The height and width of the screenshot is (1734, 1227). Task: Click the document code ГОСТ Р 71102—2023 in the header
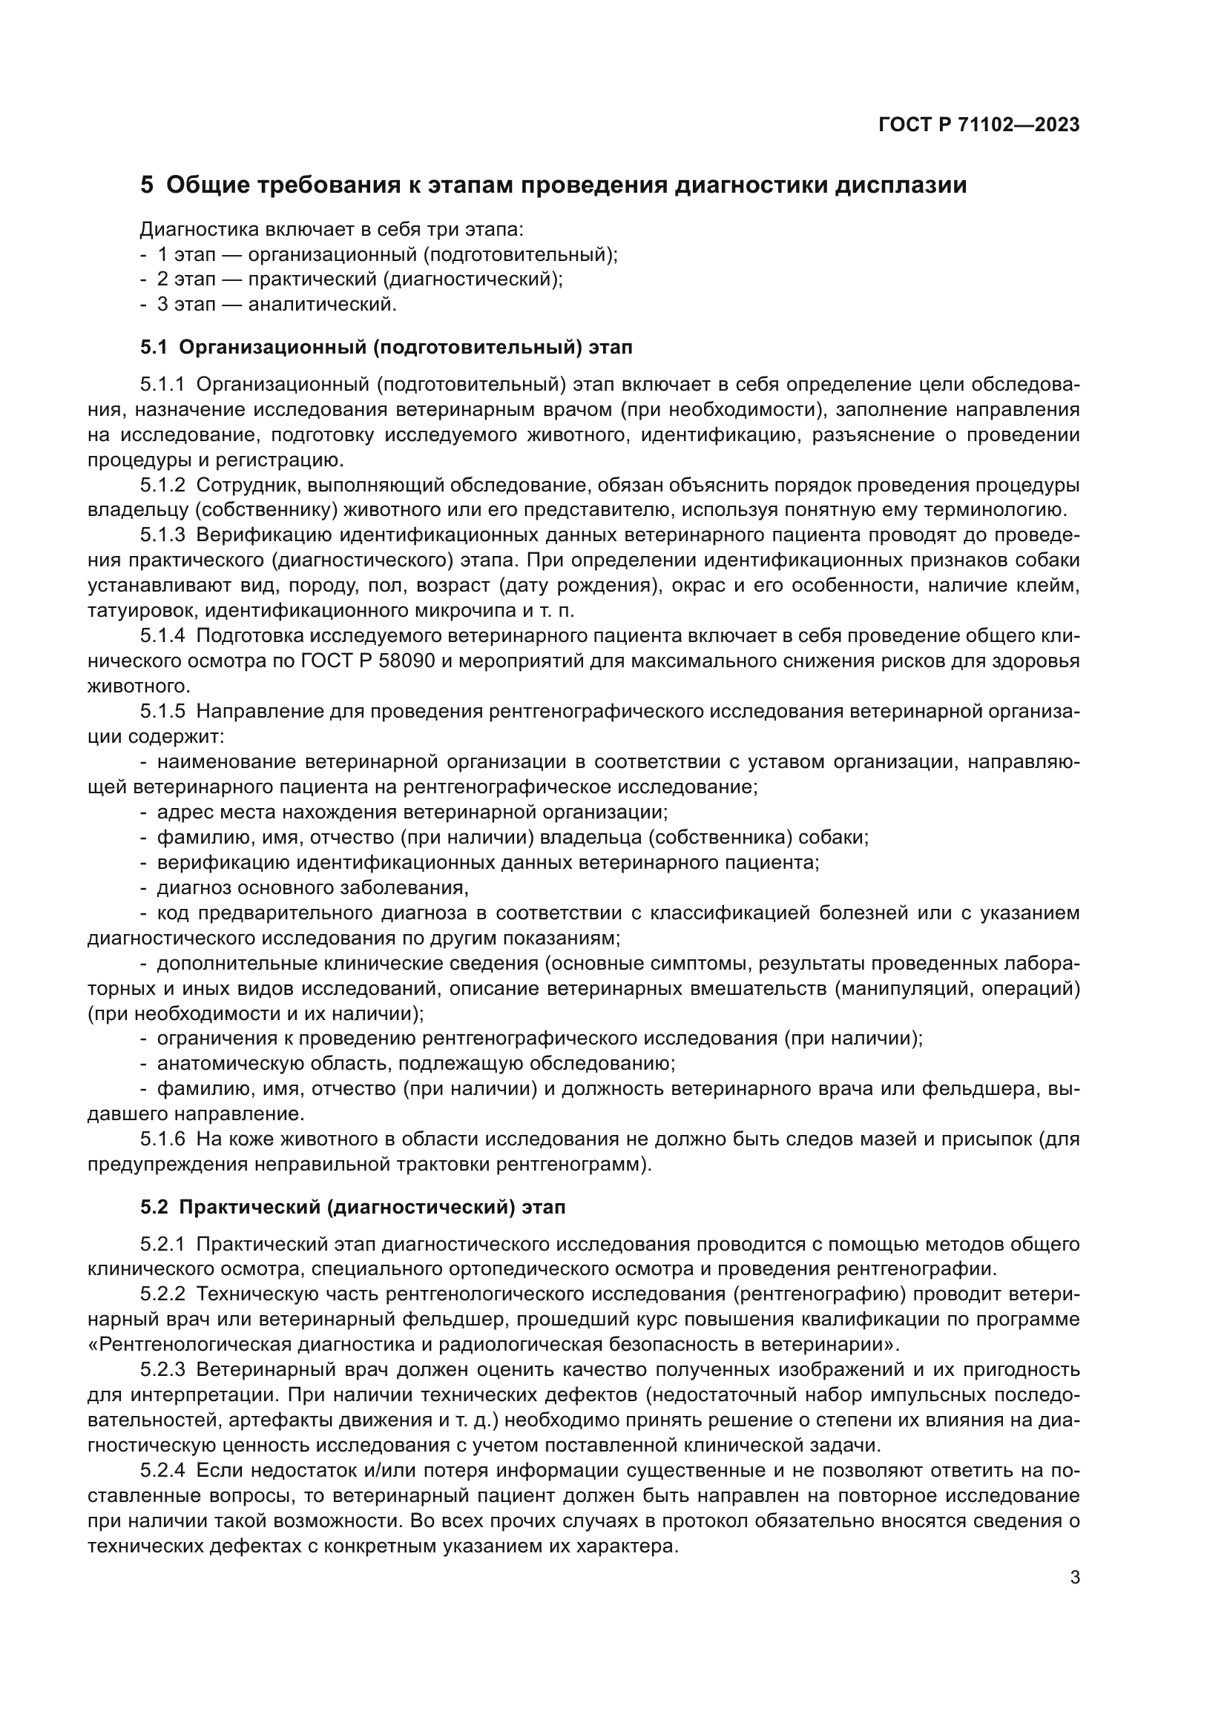[x=978, y=125]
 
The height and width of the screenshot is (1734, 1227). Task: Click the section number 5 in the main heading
[x=147, y=185]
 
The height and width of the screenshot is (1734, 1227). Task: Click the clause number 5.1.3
[x=162, y=535]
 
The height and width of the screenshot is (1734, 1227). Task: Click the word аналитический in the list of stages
[x=322, y=305]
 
